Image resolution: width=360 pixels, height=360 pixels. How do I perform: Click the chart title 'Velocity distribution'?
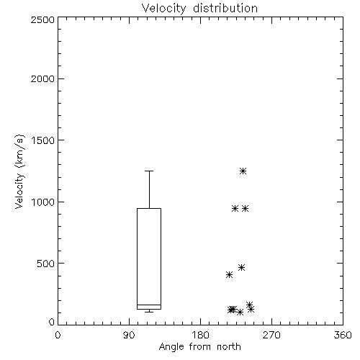(x=199, y=9)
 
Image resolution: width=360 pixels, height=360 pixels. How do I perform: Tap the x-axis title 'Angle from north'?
(x=199, y=347)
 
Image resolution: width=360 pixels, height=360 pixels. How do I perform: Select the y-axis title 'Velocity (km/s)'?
(x=19, y=171)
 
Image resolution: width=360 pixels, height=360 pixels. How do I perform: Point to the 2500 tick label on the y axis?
(x=42, y=19)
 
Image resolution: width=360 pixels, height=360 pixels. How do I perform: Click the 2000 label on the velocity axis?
(x=42, y=78)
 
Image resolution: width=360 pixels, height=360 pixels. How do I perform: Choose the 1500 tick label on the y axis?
(x=43, y=140)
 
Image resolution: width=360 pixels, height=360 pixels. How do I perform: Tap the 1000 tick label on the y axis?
(x=43, y=202)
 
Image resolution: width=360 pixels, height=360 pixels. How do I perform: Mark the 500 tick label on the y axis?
(x=46, y=264)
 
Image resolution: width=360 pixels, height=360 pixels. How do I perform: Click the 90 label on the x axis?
(x=129, y=335)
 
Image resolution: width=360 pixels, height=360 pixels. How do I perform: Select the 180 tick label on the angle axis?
(x=200, y=335)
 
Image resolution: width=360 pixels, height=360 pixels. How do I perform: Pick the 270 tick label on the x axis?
(x=271, y=335)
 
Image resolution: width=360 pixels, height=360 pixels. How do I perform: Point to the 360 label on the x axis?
(x=343, y=335)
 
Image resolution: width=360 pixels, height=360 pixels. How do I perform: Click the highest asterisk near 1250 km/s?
(x=243, y=171)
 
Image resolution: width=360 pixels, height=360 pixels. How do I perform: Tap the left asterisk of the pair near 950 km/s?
(x=235, y=208)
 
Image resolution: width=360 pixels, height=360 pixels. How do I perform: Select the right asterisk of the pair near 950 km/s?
(x=245, y=208)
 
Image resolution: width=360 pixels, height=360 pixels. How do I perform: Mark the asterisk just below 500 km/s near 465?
(x=241, y=267)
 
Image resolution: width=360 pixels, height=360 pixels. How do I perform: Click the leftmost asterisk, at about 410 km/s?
(x=229, y=274)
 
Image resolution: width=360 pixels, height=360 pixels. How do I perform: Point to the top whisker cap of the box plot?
(x=149, y=171)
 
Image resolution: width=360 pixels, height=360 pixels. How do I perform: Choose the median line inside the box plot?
(x=149, y=305)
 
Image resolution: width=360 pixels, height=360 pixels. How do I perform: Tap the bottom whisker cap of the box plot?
(x=149, y=312)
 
